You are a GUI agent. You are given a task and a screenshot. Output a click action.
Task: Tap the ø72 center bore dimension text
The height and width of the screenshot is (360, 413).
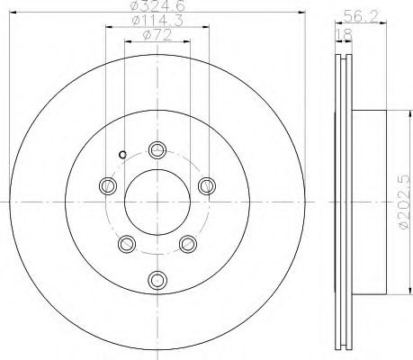pyautogui.click(x=157, y=37)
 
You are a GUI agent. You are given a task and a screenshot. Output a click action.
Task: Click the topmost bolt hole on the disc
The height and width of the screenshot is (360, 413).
pyautogui.click(x=158, y=150)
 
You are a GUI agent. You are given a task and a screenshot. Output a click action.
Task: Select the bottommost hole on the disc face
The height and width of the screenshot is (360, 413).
pyautogui.click(x=158, y=280)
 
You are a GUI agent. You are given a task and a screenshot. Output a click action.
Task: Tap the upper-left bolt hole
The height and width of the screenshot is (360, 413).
pyautogui.click(x=108, y=186)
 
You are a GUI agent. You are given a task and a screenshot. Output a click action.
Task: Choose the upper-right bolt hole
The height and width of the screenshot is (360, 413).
pyautogui.click(x=208, y=186)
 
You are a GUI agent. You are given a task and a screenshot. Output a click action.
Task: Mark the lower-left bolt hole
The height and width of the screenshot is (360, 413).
pyautogui.click(x=127, y=244)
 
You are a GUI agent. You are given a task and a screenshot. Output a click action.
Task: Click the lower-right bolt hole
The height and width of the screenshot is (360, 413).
pyautogui.click(x=189, y=244)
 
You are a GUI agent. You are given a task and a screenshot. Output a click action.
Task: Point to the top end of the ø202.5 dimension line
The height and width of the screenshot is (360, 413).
pyautogui.click(x=391, y=111)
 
